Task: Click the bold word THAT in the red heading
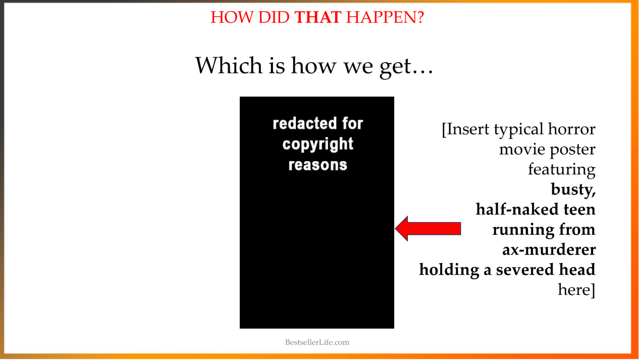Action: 318,17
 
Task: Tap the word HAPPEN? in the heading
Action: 385,17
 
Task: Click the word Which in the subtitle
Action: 229,65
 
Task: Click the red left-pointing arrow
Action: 428,229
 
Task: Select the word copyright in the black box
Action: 318,144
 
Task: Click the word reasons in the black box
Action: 318,165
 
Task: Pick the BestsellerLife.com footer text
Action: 317,342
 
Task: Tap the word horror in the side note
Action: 571,129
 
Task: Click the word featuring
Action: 562,170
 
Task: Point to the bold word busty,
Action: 573,190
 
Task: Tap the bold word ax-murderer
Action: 549,249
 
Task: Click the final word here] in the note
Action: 576,290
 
